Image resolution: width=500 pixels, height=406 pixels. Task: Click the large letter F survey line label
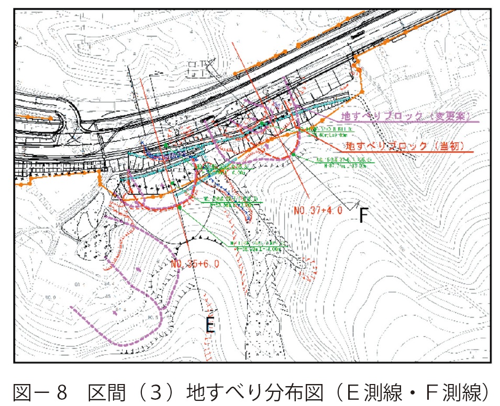[x=364, y=216]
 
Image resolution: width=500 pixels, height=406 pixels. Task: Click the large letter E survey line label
[x=210, y=325]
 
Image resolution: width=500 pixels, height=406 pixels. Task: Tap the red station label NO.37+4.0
[x=318, y=211]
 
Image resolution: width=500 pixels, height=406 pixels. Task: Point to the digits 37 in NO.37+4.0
[x=313, y=211]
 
